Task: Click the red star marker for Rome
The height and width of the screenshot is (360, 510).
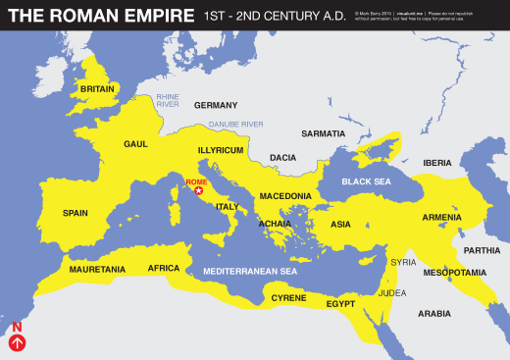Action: click(x=200, y=191)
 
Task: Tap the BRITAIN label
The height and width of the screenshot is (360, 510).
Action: click(x=98, y=89)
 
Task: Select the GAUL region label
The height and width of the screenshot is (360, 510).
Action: click(x=135, y=143)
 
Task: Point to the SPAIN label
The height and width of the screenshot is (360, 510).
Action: click(x=76, y=213)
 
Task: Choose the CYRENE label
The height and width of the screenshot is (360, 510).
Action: click(x=289, y=297)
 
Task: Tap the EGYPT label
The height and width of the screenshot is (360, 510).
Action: click(x=340, y=304)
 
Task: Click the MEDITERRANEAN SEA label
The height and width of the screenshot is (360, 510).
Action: click(x=249, y=271)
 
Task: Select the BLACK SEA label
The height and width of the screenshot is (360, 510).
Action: click(x=366, y=182)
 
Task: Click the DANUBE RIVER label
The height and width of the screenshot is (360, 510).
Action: click(x=235, y=125)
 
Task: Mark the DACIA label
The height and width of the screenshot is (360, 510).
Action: click(x=282, y=157)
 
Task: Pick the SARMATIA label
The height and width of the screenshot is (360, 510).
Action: click(x=324, y=133)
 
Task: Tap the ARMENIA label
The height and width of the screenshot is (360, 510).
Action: click(x=441, y=217)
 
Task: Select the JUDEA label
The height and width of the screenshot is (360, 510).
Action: click(x=392, y=292)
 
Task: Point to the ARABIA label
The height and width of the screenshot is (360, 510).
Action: click(x=433, y=314)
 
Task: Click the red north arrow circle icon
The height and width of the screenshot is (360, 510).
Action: click(x=17, y=343)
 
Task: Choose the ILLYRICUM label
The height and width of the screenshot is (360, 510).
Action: click(x=221, y=150)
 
